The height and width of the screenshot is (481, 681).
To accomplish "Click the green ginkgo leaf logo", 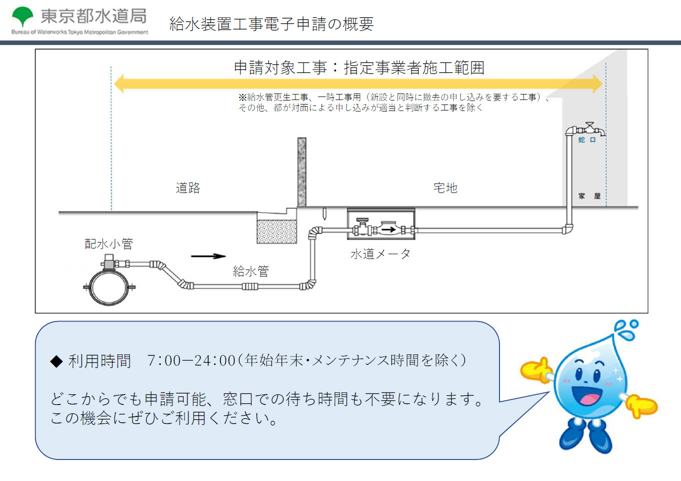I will tap(22, 16).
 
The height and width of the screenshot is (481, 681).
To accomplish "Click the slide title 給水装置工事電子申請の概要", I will tap(271, 24).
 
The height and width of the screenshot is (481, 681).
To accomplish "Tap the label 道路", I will tap(188, 188).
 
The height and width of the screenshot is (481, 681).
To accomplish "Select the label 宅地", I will tap(445, 188).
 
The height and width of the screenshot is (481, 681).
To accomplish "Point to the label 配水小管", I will tap(108, 244).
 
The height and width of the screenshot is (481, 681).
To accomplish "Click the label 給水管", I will tap(250, 271).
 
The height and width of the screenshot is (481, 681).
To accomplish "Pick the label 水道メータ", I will tap(380, 254).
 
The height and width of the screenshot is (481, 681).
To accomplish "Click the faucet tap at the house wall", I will tap(589, 129).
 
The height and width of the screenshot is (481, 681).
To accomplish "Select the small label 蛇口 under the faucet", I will tap(587, 140).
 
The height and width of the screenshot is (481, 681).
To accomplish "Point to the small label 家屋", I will tap(589, 196).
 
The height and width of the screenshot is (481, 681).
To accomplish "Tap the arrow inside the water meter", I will tap(388, 230).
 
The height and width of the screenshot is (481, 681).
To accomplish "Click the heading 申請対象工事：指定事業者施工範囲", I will tap(359, 67).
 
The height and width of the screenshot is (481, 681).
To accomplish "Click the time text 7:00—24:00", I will tap(191, 360).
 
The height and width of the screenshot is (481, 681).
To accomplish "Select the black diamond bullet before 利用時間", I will tap(56, 361).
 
